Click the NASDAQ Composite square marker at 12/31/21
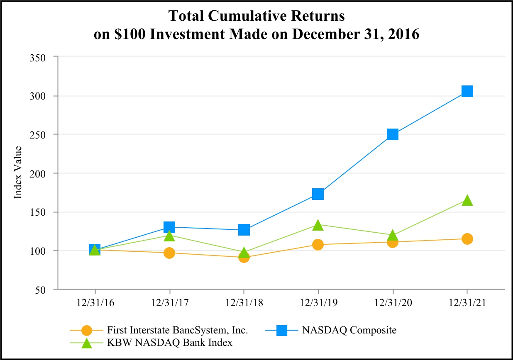tap(467, 91)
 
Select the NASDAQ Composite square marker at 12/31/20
tap(393, 134)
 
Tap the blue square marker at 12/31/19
tap(318, 194)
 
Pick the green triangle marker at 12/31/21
tap(467, 200)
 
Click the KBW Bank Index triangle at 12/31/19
tap(318, 225)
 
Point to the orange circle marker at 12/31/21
tap(467, 238)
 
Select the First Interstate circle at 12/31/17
tap(169, 253)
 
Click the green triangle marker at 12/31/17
tap(169, 236)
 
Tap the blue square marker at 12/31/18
tap(244, 229)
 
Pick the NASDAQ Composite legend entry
tap(349, 330)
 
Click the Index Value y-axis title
tap(18, 173)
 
